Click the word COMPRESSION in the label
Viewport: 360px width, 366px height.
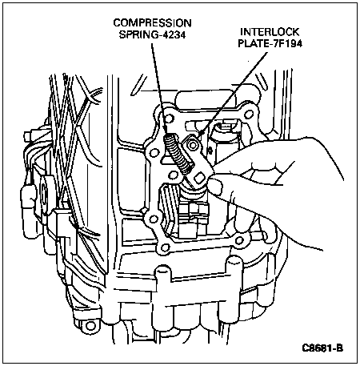click(152, 23)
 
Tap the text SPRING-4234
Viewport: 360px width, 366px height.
click(152, 34)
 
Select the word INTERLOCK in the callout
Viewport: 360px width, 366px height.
click(270, 32)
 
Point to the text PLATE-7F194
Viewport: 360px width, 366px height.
click(270, 43)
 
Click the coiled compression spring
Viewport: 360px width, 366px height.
click(178, 154)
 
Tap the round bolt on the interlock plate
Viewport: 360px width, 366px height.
click(192, 144)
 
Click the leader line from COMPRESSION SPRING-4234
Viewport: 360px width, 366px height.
click(159, 88)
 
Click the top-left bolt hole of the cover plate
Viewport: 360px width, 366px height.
click(169, 118)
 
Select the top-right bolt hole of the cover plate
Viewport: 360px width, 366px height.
click(249, 114)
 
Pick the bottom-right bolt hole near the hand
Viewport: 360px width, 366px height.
click(238, 241)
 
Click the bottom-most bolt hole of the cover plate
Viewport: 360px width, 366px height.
click(165, 247)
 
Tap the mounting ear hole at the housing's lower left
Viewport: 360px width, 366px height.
click(90, 325)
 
